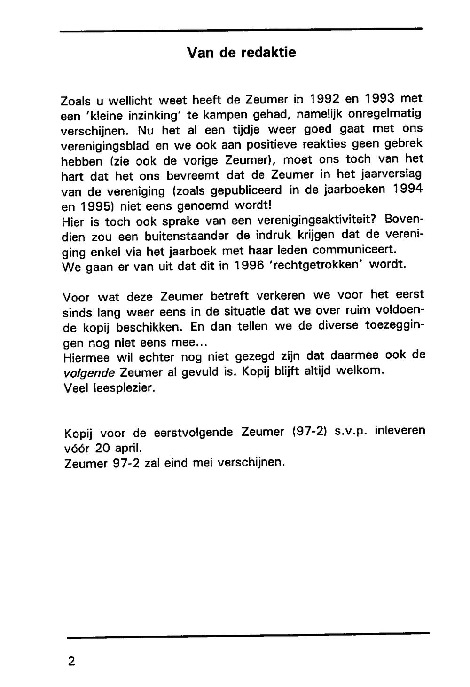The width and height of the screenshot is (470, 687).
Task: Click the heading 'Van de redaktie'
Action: coord(241,52)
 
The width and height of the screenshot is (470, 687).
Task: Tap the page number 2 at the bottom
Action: coord(71,661)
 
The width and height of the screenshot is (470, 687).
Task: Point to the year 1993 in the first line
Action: coord(381,99)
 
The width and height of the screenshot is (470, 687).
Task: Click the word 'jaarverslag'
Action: coord(385,174)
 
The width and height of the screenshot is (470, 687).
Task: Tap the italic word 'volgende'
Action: coord(89,373)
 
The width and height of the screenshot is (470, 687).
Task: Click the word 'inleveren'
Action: coord(399,430)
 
